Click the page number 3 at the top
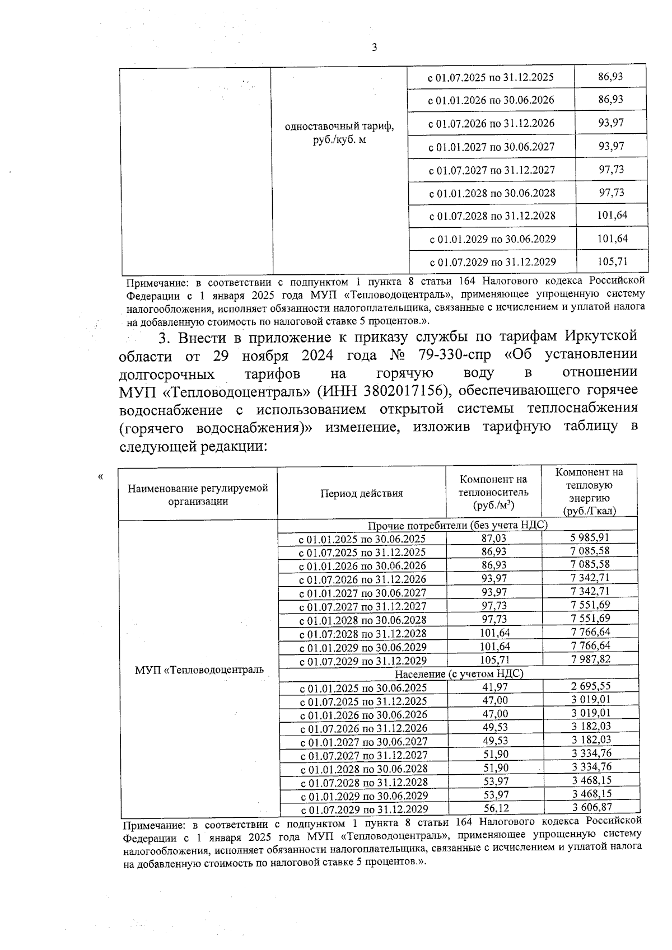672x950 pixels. [x=374, y=48]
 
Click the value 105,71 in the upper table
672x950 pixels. [x=612, y=261]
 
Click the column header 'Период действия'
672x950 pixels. [x=361, y=493]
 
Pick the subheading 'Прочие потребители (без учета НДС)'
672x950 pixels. [x=457, y=525]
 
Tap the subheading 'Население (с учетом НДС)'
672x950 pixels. [x=459, y=673]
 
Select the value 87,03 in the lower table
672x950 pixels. [x=494, y=538]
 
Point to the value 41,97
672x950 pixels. [x=495, y=687]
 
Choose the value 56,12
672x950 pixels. [x=496, y=808]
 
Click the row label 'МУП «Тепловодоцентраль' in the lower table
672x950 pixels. [x=199, y=670]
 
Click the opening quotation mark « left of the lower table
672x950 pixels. [x=100, y=477]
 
